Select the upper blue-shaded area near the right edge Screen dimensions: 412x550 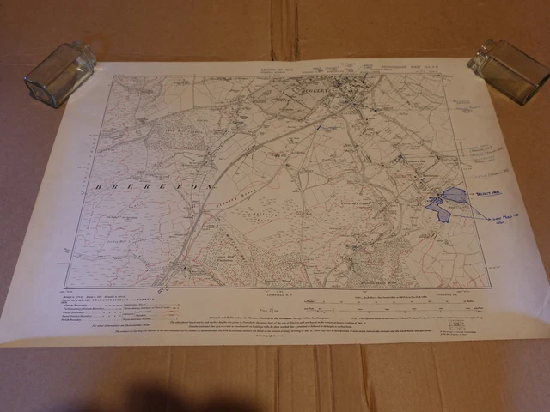pos(455,196)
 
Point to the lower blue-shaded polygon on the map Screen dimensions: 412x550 pos(439,209)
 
